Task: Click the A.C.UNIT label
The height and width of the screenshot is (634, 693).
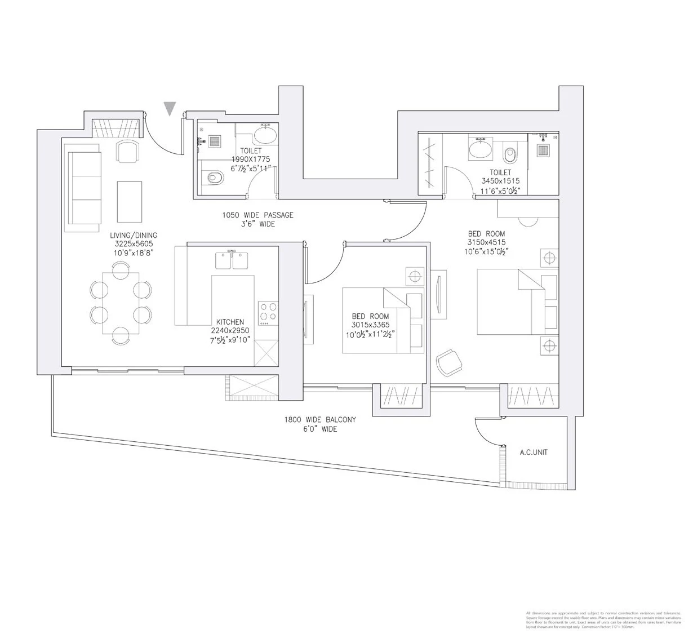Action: pyautogui.click(x=534, y=452)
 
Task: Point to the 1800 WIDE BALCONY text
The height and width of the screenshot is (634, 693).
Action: pyautogui.click(x=321, y=420)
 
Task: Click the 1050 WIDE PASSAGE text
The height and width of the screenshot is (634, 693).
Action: pyautogui.click(x=257, y=215)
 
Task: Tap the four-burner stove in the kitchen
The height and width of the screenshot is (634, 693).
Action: pyautogui.click(x=268, y=313)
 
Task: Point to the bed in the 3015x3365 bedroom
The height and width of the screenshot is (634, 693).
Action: pyautogui.click(x=383, y=321)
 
